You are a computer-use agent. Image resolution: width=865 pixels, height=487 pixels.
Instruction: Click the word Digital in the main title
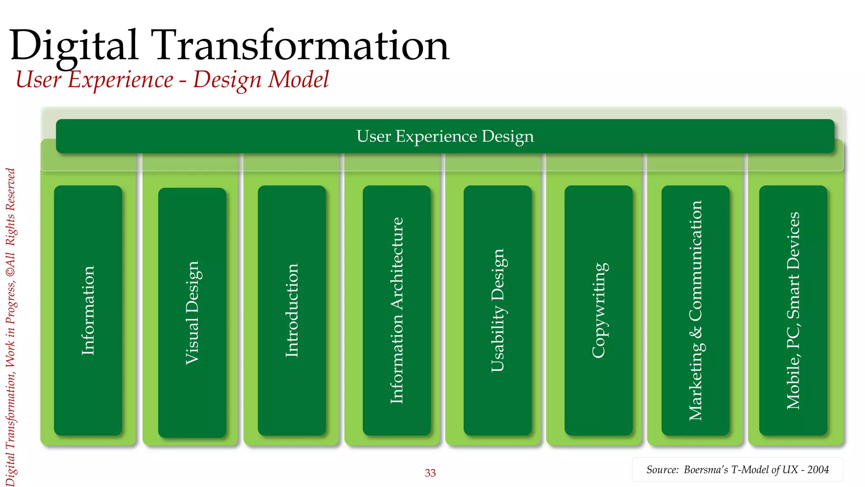(74, 46)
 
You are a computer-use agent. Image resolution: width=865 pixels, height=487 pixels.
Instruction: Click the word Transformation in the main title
(302, 46)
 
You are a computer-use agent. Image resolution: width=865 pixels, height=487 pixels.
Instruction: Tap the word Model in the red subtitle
(299, 79)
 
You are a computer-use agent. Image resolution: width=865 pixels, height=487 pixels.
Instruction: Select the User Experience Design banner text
(445, 136)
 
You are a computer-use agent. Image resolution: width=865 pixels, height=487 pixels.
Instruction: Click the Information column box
(88, 310)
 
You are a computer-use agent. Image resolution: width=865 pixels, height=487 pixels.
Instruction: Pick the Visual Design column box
(192, 313)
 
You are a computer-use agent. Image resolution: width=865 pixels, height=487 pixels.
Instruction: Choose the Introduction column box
(292, 310)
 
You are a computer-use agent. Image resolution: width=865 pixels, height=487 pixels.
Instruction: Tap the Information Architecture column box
(397, 310)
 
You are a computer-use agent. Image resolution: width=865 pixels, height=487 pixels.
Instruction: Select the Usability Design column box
(498, 310)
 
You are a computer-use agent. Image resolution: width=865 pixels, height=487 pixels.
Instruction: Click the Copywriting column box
(598, 310)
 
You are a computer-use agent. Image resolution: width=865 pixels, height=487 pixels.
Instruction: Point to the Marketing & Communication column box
(695, 310)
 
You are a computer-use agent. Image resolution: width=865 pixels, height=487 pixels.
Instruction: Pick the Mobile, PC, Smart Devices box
(793, 310)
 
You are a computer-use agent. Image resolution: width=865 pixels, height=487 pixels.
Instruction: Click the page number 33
(430, 473)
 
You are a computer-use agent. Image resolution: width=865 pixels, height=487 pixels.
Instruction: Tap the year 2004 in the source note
(818, 470)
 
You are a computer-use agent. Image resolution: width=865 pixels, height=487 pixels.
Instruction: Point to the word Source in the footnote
(662, 470)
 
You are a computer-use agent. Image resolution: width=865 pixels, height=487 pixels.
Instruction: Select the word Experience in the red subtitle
(120, 79)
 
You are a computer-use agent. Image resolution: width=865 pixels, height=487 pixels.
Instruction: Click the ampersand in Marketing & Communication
(696, 331)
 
